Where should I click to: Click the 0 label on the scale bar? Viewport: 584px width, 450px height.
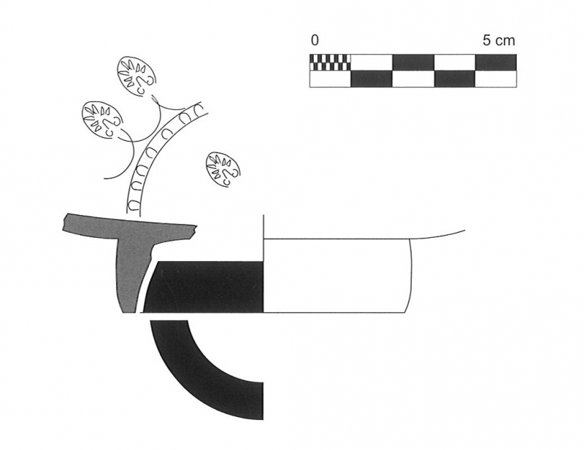(x=315, y=40)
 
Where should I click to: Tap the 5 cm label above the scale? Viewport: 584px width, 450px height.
(x=499, y=40)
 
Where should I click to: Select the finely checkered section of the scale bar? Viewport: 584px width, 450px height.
(x=331, y=62)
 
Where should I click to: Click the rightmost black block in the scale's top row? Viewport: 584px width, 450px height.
(x=496, y=62)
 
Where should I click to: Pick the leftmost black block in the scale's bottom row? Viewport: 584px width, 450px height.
(x=372, y=79)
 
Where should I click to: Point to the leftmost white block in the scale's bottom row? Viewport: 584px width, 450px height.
(x=331, y=79)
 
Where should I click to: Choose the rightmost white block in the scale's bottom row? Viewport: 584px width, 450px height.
(x=496, y=79)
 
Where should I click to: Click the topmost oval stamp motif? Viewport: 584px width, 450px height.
(x=136, y=77)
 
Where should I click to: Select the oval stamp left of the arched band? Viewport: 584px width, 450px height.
(x=101, y=120)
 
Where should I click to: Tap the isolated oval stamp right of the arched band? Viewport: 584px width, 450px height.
(x=223, y=169)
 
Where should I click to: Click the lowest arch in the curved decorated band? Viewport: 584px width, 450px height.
(x=134, y=205)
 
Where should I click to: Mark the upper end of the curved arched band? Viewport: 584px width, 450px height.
(x=199, y=105)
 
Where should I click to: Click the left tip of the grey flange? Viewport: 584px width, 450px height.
(x=64, y=223)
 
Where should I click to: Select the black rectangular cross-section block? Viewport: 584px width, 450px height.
(x=204, y=287)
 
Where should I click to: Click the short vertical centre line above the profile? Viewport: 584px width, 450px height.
(x=264, y=227)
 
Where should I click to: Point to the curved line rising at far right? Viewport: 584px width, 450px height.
(x=438, y=236)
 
